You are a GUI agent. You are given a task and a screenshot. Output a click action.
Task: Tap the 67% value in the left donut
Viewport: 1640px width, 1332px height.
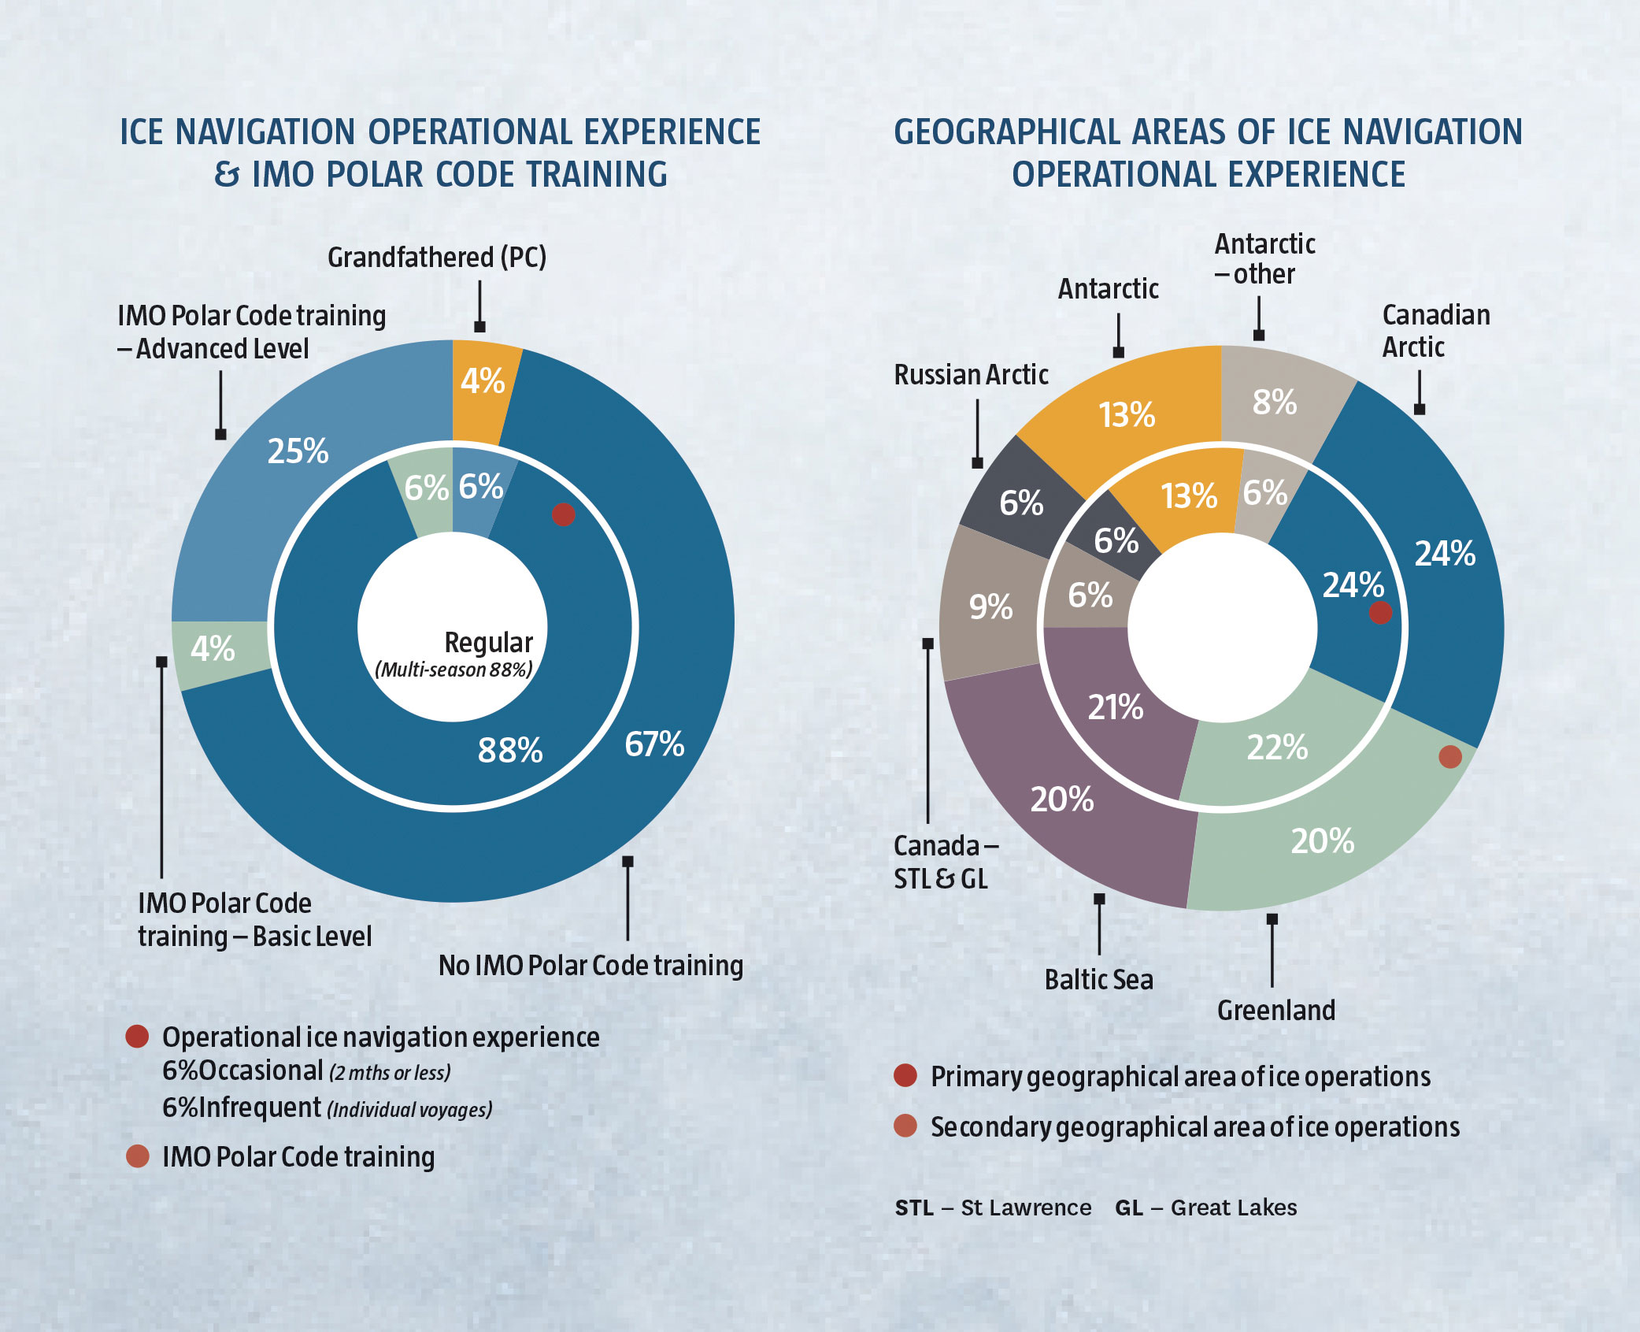tap(653, 744)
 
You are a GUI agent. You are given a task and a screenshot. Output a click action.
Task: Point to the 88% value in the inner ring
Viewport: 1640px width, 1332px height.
tap(510, 750)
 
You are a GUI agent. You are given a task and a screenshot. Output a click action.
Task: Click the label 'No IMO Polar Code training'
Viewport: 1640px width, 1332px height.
tap(590, 966)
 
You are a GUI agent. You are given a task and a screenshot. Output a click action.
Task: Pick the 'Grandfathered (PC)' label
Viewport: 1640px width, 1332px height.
tap(437, 258)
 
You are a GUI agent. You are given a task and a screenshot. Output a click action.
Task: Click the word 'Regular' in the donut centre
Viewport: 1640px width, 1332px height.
tap(488, 642)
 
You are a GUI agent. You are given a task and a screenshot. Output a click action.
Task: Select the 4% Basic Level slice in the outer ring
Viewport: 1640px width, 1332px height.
tap(213, 649)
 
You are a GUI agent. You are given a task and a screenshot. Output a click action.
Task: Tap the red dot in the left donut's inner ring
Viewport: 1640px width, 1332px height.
tap(563, 514)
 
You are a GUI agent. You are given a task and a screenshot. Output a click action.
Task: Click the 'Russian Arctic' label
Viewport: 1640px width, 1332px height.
tap(971, 375)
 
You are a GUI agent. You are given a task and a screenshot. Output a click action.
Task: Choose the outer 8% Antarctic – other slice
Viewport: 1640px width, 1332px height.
tap(1274, 403)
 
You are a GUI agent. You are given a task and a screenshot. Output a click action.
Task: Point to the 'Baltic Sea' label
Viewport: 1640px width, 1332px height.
tap(1098, 980)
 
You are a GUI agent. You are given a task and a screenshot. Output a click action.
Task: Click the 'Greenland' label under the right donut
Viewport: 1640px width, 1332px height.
tap(1275, 1011)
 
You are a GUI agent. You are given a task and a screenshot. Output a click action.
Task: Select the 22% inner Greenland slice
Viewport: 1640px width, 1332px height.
tap(1277, 747)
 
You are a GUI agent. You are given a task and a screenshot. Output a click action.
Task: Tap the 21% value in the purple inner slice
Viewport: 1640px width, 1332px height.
tap(1115, 707)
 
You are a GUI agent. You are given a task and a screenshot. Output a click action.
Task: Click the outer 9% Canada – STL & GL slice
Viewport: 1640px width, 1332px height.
tap(990, 607)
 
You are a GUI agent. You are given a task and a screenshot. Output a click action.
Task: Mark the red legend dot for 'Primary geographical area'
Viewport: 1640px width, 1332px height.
tap(905, 1075)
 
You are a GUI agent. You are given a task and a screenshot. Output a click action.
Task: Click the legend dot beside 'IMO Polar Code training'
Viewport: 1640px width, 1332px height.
tap(138, 1156)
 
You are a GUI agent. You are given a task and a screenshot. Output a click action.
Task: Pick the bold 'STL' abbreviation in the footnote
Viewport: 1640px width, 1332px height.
tap(914, 1208)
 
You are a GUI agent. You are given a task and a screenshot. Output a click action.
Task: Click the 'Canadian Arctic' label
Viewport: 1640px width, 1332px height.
tap(1435, 331)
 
